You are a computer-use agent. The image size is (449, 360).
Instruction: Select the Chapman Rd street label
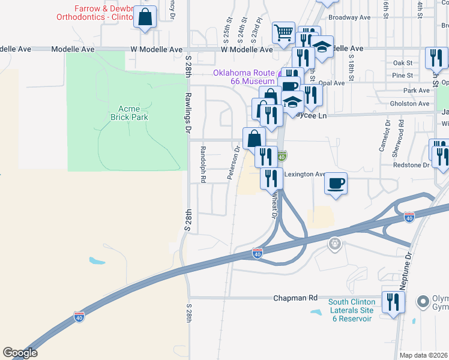pos(295,298)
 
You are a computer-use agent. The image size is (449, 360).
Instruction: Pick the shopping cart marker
pos(283,33)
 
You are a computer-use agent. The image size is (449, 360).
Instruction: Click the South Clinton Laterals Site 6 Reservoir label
pos(352,310)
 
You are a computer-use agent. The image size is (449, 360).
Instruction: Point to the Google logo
pos(20,353)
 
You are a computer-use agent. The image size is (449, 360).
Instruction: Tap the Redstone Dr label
pos(411,164)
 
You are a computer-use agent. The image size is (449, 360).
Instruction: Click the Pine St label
pos(403,76)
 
